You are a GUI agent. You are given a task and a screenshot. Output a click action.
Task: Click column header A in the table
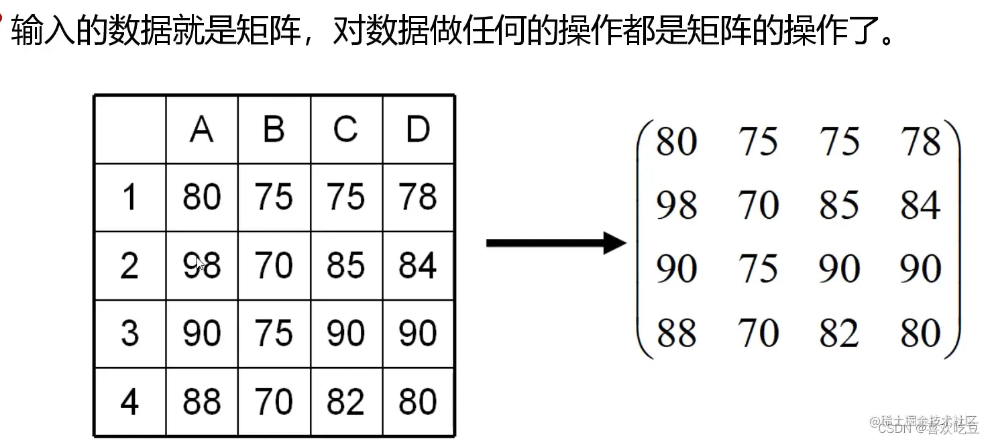point(202,129)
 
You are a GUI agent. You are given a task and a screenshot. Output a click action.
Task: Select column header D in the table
point(418,129)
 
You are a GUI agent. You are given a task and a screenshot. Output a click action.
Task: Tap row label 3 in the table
point(129,334)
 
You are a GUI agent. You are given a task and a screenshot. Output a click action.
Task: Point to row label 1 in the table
point(129,197)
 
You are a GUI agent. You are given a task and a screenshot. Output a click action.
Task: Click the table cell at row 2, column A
point(202,266)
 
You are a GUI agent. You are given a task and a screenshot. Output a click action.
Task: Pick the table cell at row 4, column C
point(345,402)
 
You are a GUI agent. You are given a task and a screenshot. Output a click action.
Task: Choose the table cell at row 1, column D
point(418,197)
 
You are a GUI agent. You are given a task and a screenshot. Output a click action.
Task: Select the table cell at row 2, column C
point(345,266)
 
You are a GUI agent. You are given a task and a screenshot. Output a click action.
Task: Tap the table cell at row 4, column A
point(202,402)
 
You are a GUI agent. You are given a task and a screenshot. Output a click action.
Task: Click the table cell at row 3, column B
point(274,334)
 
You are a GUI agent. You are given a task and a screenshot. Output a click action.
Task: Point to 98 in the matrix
point(676,205)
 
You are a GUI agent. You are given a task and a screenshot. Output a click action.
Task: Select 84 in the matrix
point(920,205)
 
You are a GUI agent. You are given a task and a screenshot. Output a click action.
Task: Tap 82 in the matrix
point(838,333)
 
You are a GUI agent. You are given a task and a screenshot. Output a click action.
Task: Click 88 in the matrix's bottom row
point(676,333)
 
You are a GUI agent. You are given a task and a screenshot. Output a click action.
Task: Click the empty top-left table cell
point(129,130)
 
